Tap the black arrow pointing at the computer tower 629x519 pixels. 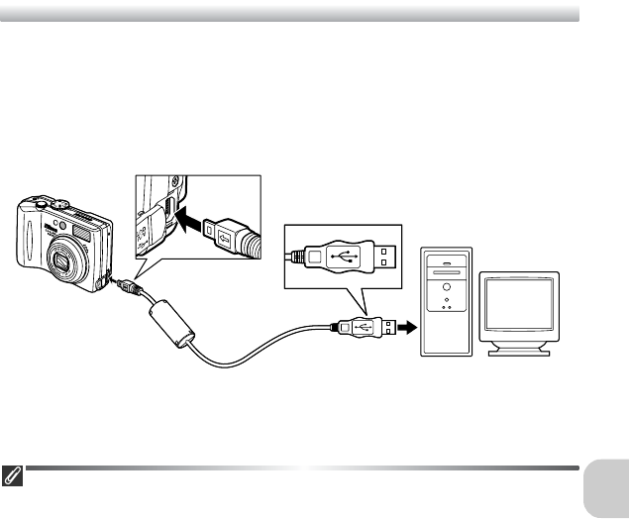tap(406, 326)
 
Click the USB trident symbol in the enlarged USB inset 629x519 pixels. tap(345, 256)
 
